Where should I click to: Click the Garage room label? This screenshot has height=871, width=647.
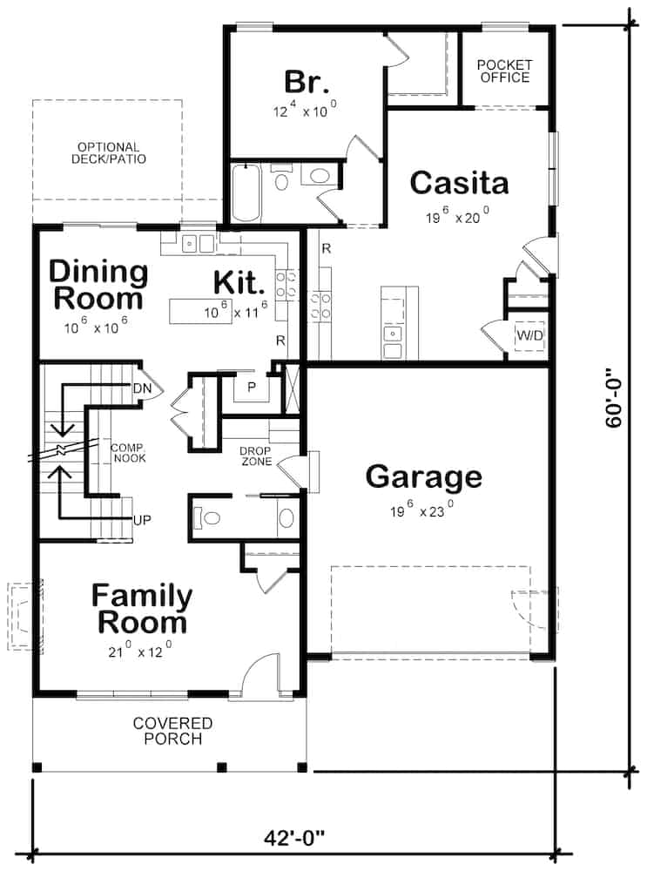[423, 477]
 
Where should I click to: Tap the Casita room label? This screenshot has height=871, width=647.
[459, 183]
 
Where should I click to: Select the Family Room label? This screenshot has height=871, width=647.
[142, 609]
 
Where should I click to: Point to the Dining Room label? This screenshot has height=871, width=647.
[98, 285]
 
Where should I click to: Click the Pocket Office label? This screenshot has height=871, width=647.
[503, 71]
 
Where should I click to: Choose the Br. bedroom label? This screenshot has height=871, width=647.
[307, 83]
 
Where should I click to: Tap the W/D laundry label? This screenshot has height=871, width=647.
[529, 334]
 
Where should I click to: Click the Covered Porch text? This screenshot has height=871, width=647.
[172, 731]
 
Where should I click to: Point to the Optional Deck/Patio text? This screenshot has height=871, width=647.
[107, 153]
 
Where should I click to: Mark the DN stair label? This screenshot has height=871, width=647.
[144, 387]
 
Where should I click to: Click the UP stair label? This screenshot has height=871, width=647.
[143, 520]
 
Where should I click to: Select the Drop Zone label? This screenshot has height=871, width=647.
[256, 456]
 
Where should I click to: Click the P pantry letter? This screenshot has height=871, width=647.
[250, 387]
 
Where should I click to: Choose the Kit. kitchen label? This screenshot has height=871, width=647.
[238, 282]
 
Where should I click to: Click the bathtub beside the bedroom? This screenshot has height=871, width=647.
[246, 193]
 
